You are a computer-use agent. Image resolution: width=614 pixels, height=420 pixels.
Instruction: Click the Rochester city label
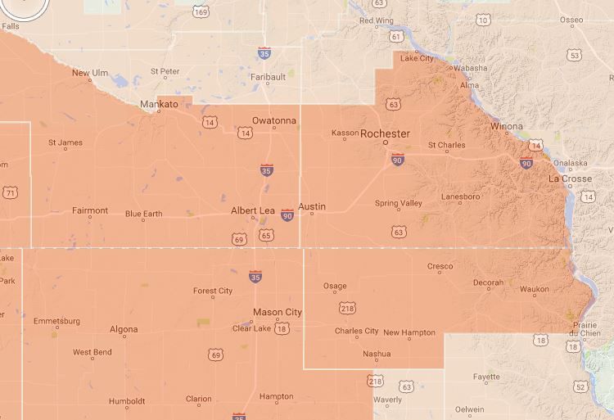385,133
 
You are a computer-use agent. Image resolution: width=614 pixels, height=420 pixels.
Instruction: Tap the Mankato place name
158,105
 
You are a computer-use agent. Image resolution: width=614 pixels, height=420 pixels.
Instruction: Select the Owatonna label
273,121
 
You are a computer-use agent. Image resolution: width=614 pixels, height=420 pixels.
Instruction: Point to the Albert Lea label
252,210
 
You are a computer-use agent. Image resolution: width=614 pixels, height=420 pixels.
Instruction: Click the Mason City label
277,312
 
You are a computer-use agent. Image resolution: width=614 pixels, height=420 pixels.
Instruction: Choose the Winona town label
506,127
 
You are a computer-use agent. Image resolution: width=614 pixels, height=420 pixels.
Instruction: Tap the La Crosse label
570,178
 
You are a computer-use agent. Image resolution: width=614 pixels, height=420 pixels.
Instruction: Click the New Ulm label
90,73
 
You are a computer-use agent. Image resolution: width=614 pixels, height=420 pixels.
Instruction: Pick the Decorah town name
488,283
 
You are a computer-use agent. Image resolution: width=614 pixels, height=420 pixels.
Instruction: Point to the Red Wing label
377,20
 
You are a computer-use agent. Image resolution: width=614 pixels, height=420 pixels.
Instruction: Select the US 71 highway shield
9,193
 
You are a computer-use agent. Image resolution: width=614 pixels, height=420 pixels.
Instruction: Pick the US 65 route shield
266,236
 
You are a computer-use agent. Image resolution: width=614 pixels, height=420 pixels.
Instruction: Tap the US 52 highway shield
580,386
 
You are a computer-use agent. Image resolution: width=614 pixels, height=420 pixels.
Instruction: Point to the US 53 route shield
574,56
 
